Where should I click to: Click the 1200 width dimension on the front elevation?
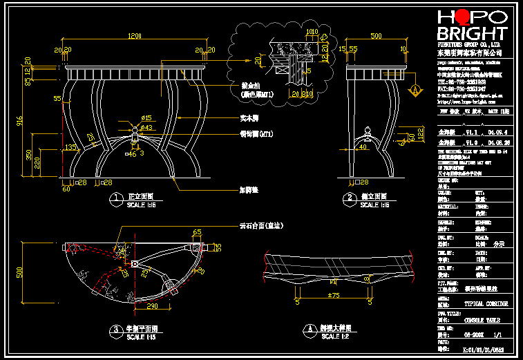coord(134,36)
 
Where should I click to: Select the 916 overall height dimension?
coord(20,121)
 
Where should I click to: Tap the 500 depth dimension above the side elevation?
coord(377,36)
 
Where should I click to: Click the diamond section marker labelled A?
coord(415,89)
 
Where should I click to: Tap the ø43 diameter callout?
coord(146,128)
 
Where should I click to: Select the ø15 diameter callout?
coord(146,119)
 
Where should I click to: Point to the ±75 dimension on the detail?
coord(334,296)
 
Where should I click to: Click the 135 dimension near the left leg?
coord(70,147)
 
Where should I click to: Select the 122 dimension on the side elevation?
coord(419,132)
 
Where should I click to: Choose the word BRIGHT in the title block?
coord(473,35)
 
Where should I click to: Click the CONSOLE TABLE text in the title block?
coord(481,321)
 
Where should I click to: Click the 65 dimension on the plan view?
coord(196,232)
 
